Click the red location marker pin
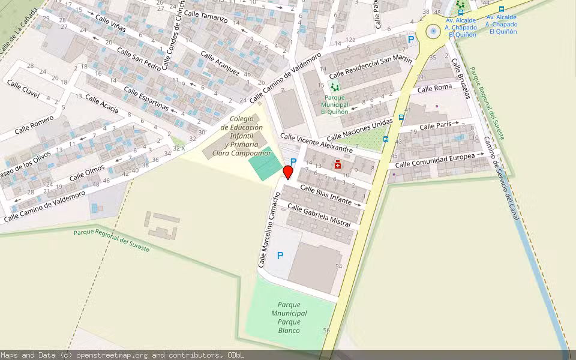(287, 172)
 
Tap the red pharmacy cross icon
(338, 164)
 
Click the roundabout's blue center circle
(433, 31)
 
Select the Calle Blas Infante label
(325, 195)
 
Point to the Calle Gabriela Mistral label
(319, 215)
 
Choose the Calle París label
(435, 126)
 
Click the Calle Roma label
(434, 88)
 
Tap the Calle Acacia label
(101, 103)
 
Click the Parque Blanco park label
(289, 317)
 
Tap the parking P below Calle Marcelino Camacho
(280, 256)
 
